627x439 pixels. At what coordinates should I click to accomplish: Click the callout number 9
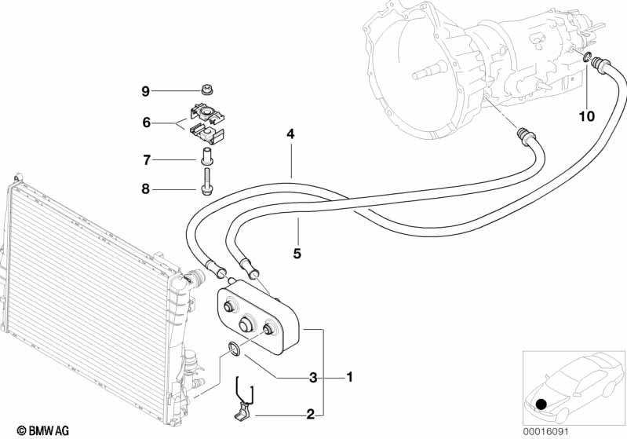[x=145, y=91]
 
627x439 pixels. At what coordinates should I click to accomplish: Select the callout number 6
[x=147, y=122]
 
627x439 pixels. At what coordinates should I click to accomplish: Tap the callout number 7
[x=147, y=160]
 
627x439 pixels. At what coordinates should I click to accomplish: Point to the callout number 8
[x=145, y=188]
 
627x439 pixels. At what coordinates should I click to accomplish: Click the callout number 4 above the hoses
[x=290, y=134]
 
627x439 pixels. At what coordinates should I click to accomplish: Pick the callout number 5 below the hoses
[x=297, y=254]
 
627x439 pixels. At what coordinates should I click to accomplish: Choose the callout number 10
[x=587, y=116]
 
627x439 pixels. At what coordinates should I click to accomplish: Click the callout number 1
[x=349, y=377]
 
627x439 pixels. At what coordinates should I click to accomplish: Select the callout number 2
[x=311, y=415]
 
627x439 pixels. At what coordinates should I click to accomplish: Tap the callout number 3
[x=313, y=377]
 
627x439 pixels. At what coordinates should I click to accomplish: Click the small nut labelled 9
[x=206, y=90]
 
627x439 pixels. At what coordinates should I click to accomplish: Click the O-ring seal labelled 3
[x=234, y=348]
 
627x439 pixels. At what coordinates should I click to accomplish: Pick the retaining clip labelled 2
[x=243, y=401]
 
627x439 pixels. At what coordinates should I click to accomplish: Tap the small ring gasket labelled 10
[x=587, y=57]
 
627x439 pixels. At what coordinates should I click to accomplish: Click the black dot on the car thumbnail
[x=541, y=404]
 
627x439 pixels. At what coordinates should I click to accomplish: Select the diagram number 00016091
[x=545, y=431]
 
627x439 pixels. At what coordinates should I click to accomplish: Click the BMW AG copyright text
[x=43, y=430]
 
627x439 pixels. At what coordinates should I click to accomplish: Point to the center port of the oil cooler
[x=246, y=324]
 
